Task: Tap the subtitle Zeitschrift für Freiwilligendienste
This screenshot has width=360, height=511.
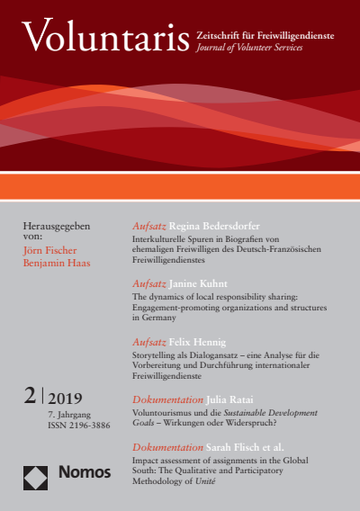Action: pyautogui.click(x=265, y=33)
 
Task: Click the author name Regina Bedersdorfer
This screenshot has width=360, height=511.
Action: pyautogui.click(x=220, y=227)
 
